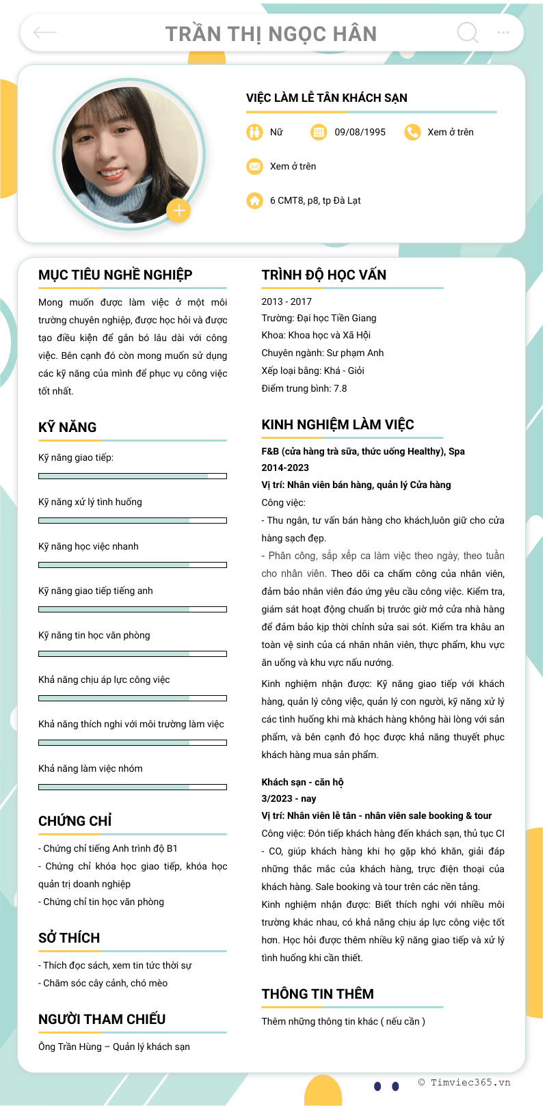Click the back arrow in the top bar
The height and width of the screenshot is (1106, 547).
45,32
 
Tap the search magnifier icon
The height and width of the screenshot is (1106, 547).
468,32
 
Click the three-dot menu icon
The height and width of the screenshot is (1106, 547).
503,32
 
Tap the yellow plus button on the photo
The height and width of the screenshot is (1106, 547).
178,211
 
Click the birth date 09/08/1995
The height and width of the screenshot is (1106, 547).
360,132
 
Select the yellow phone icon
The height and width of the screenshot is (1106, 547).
412,132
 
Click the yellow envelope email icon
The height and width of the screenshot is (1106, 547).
254,166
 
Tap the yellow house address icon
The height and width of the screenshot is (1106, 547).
254,200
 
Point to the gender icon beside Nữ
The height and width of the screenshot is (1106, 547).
254,132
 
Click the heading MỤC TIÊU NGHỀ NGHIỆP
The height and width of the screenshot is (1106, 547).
115,275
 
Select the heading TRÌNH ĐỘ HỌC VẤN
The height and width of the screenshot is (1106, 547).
323,275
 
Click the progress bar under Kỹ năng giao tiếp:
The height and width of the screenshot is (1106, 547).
133,476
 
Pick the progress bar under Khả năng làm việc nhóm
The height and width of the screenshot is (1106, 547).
133,787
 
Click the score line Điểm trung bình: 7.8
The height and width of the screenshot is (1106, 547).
304,388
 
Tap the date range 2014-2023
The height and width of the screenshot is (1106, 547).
285,468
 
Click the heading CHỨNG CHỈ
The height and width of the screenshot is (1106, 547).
75,821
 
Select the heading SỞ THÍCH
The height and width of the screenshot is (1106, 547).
69,938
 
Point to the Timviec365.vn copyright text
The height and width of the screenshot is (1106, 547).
464,1082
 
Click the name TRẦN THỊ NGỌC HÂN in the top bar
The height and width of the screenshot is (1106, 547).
271,33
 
